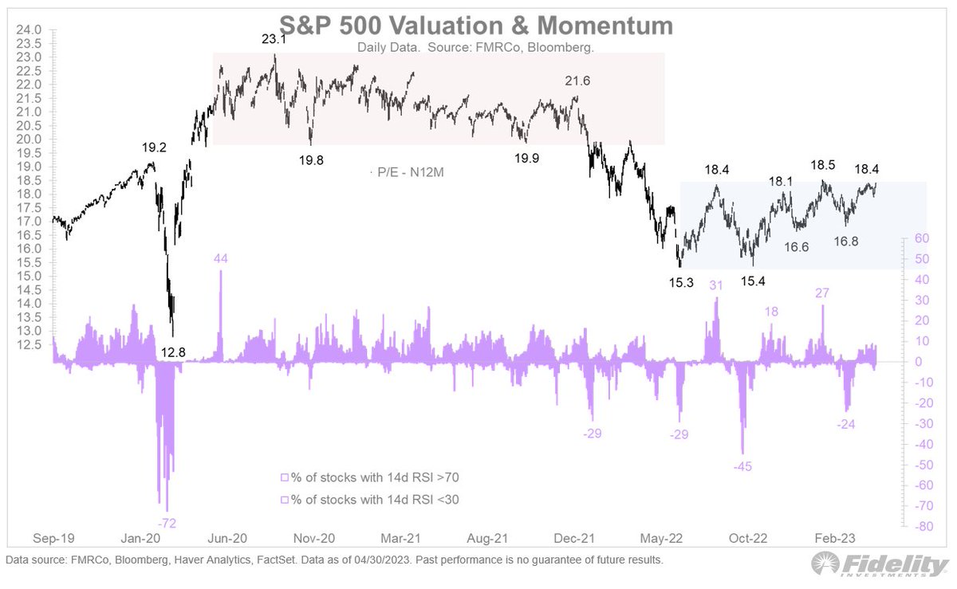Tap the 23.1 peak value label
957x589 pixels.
point(274,38)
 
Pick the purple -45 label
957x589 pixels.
point(742,465)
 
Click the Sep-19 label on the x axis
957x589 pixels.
point(53,537)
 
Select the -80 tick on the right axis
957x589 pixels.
point(923,527)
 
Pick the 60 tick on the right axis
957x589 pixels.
point(920,238)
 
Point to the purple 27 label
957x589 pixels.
point(823,293)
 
